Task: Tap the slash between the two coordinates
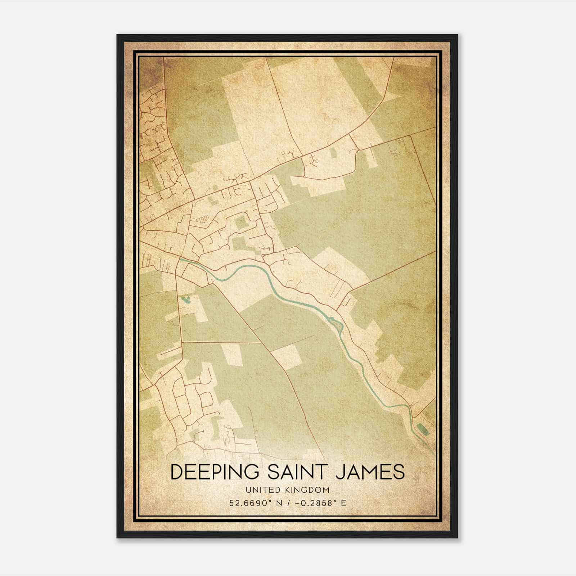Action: click(287, 503)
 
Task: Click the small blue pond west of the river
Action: click(186, 299)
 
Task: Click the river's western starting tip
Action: click(181, 259)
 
